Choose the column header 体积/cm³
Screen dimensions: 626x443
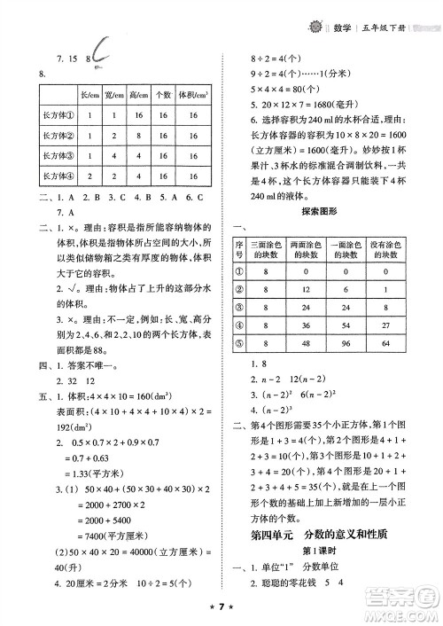(192, 95)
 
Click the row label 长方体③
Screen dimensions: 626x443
(53, 154)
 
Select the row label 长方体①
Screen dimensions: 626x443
(53, 113)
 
